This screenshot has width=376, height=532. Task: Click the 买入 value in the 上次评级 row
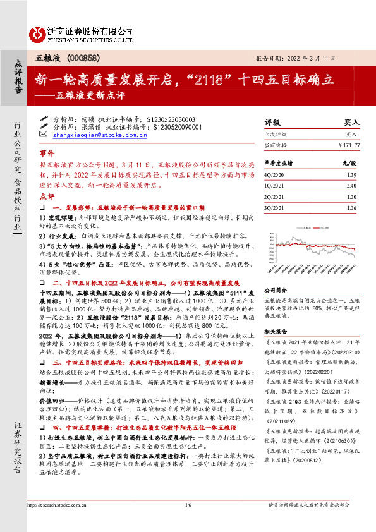pyautogui.click(x=353, y=135)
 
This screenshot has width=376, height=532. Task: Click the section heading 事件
pyautogui.click(x=47, y=154)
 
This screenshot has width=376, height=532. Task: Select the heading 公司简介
pyautogui.click(x=276, y=287)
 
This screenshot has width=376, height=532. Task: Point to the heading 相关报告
pyautogui.click(x=276, y=330)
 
